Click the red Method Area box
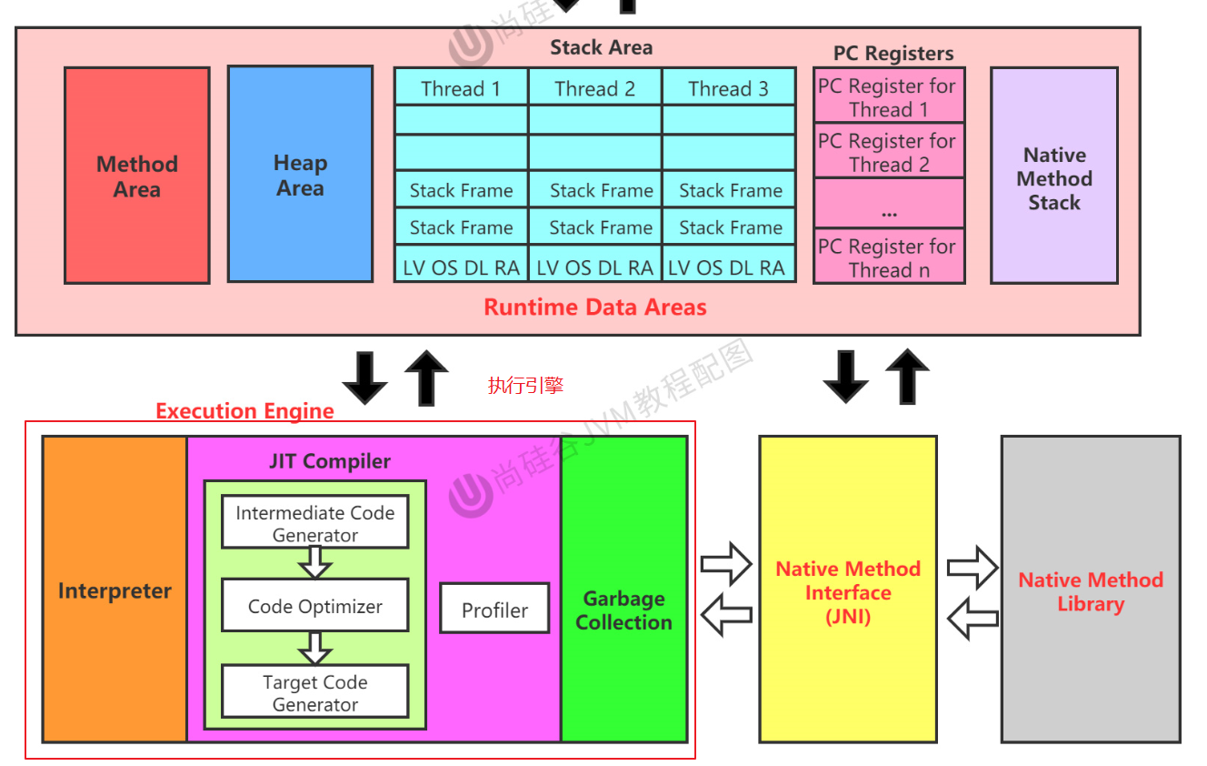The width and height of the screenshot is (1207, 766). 137,176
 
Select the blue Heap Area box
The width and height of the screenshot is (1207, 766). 300,175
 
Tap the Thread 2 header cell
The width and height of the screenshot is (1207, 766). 595,88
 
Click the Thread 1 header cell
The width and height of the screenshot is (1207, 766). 461,88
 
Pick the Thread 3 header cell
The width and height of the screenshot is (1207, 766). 728,88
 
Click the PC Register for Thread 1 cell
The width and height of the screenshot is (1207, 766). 888,97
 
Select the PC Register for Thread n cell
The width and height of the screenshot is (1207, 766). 888,257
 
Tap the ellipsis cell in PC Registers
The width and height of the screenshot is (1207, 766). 888,204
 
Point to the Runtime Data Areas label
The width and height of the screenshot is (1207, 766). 595,307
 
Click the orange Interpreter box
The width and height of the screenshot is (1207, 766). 115,590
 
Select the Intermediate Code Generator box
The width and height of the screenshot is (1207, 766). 315,523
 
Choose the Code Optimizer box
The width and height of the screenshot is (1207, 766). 315,606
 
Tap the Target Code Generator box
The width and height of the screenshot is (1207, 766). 315,692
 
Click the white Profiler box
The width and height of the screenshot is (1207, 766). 494,610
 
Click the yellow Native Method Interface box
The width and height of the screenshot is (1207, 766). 847,591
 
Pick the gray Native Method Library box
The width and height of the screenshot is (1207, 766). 1091,591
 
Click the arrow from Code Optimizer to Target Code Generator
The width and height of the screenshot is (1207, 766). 315,648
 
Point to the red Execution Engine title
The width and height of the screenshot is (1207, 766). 244,411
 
